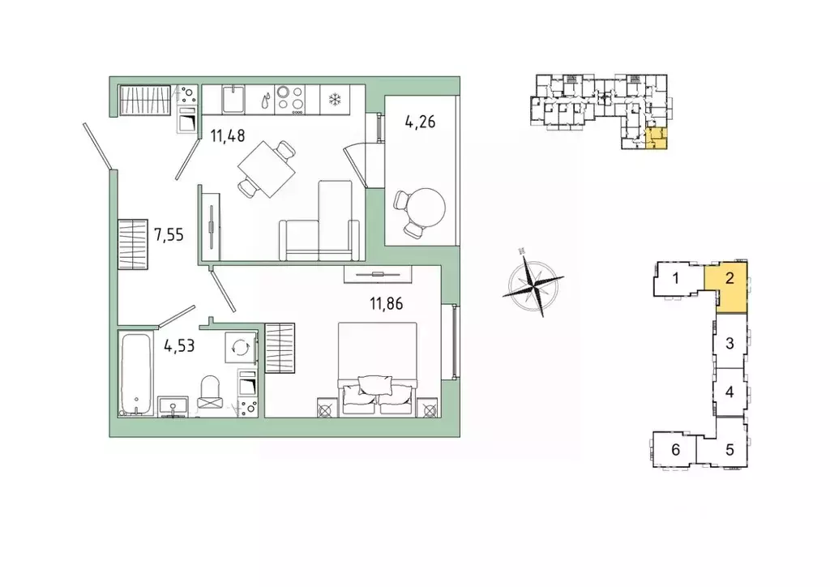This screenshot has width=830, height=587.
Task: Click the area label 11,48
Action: click(x=228, y=136)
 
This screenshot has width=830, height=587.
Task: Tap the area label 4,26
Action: click(x=420, y=122)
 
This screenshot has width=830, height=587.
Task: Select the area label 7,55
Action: click(x=169, y=234)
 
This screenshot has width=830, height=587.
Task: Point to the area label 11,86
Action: click(x=386, y=304)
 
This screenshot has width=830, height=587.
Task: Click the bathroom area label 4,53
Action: click(x=179, y=346)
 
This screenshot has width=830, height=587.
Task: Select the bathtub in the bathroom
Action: click(x=135, y=373)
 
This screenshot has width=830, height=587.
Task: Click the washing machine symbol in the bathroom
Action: click(x=241, y=347)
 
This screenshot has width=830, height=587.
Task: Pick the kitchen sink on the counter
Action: click(x=233, y=100)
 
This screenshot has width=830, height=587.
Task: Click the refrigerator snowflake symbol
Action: click(x=335, y=99)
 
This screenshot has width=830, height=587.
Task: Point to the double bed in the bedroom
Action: click(x=378, y=369)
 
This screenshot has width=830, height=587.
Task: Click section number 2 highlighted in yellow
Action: click(x=729, y=278)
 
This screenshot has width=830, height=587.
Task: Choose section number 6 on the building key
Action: click(x=675, y=450)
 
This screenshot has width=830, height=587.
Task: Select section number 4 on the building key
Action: click(x=729, y=392)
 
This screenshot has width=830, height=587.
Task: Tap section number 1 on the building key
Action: click(x=675, y=278)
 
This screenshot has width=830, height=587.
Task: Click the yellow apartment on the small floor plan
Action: click(x=657, y=139)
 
